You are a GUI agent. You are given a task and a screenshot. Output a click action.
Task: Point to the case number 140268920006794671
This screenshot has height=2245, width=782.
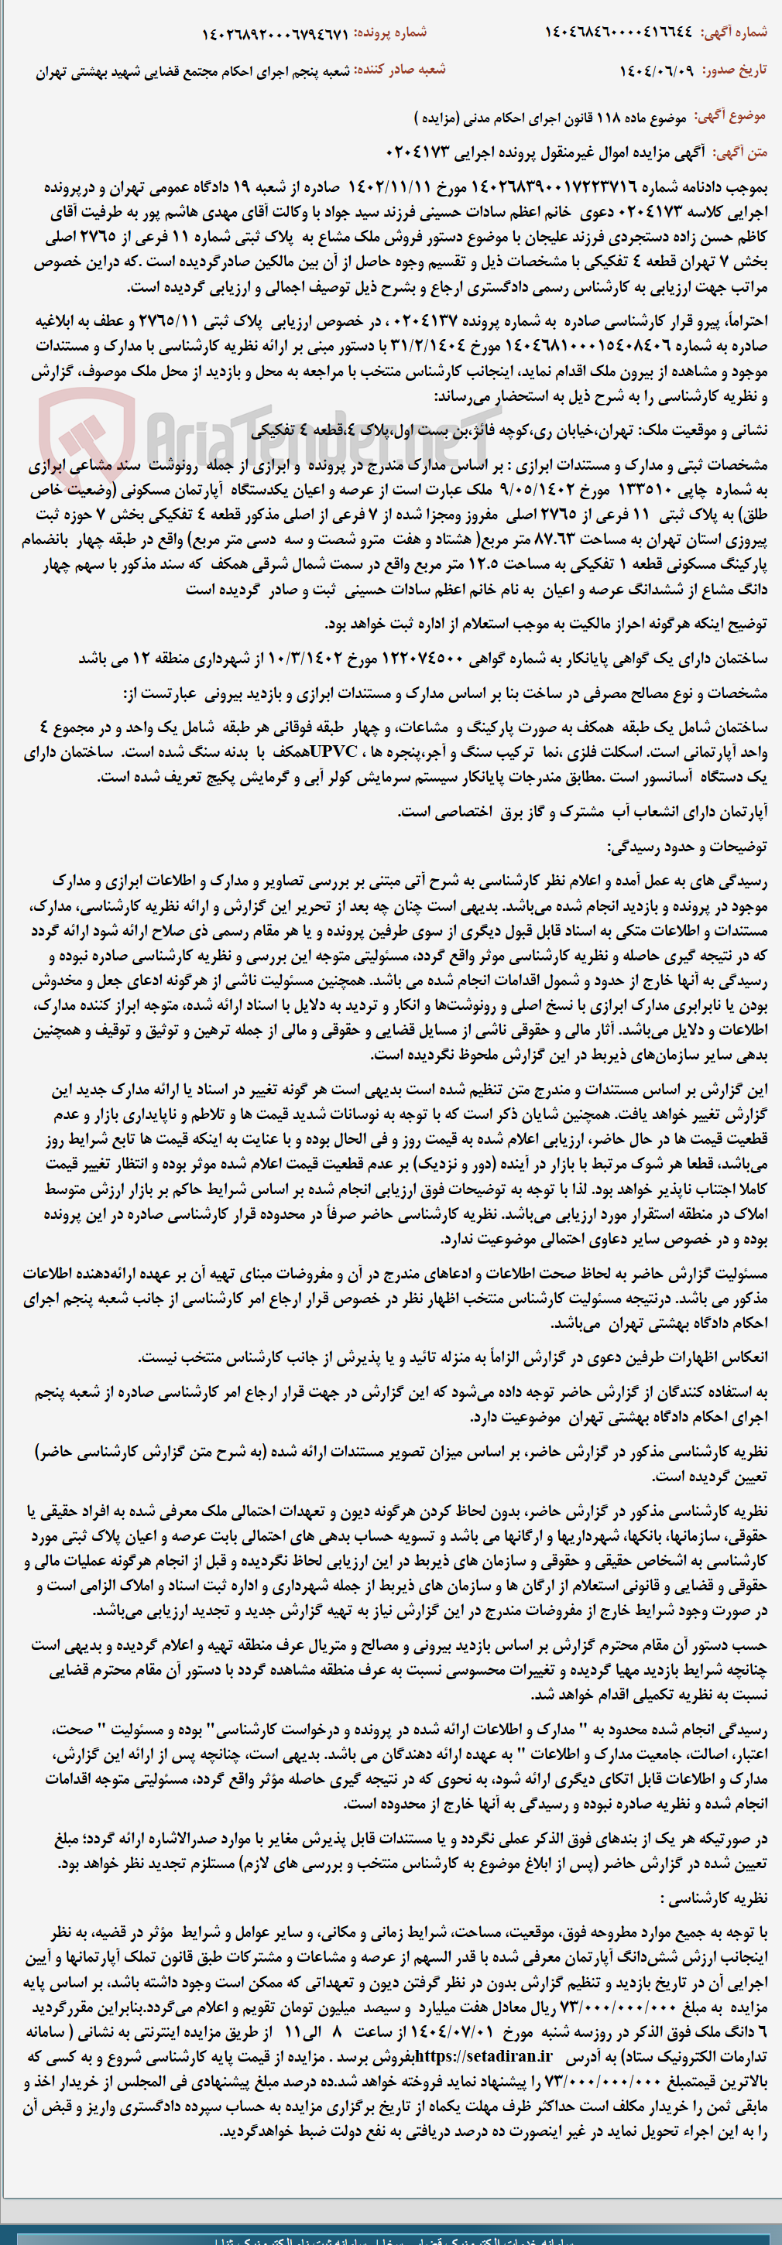pyautogui.click(x=275, y=34)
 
